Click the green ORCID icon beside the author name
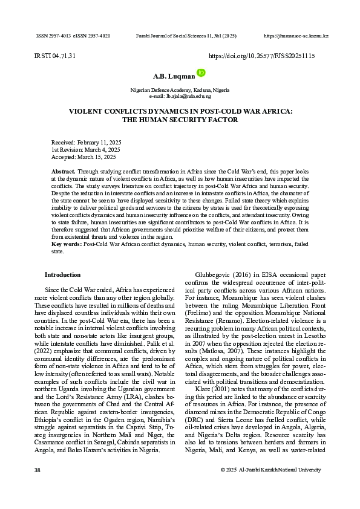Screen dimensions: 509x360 pos(201,73)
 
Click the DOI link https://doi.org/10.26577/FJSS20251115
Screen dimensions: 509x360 pos(261,56)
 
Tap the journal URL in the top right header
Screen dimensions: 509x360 pos(296,36)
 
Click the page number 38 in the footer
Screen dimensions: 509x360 pos(38,470)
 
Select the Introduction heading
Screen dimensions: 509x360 pos(62,274)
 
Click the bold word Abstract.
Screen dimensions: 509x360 pos(63,172)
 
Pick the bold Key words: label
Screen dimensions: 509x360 pos(67,244)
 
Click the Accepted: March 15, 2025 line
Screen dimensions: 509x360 pos(83,157)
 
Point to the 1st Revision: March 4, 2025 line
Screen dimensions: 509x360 pos(85,149)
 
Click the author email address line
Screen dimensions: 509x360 pos(180,96)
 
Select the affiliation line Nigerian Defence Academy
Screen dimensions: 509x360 pos(180,90)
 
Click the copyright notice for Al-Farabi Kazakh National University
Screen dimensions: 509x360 pos(270,470)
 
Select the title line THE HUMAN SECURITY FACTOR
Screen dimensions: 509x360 pos(180,120)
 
